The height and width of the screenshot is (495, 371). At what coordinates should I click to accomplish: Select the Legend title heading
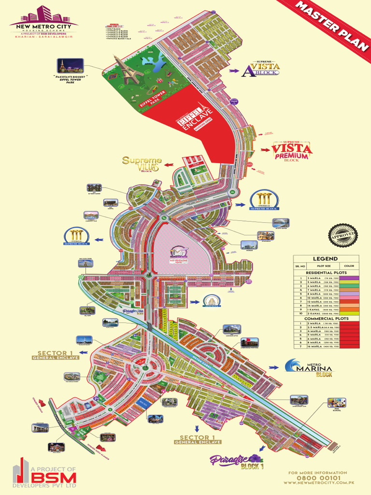[x=326, y=259]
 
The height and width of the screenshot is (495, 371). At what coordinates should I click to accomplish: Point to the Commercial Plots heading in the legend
[x=326, y=319]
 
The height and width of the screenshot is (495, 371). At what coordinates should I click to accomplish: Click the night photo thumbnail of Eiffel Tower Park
[x=70, y=65]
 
